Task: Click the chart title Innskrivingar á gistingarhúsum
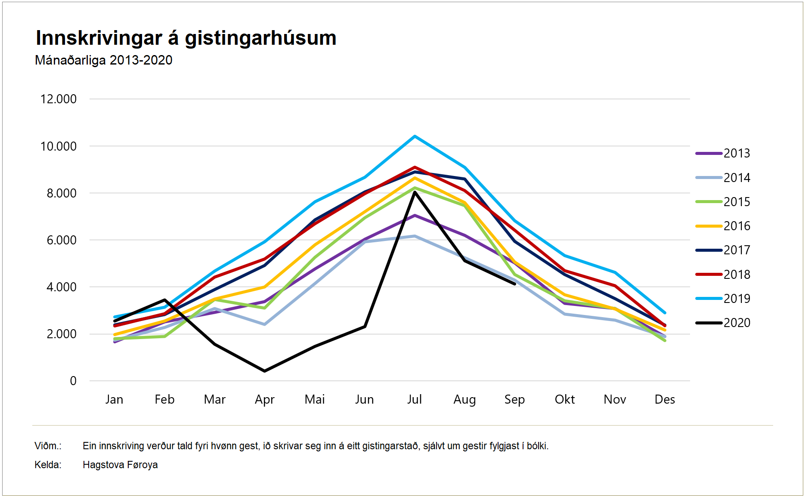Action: [x=186, y=38]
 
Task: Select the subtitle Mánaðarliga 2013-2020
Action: [x=103, y=60]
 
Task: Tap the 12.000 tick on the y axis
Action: [x=59, y=99]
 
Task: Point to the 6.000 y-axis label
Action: [x=62, y=240]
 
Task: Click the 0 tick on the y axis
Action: [x=73, y=381]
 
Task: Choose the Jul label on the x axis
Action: [x=415, y=399]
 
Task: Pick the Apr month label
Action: [x=264, y=399]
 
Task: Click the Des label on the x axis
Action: [x=665, y=399]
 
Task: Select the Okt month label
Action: [x=565, y=399]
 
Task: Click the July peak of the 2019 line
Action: [x=415, y=136]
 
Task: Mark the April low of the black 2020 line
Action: [x=264, y=371]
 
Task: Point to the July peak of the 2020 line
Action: [x=415, y=192]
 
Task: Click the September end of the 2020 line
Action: [x=514, y=284]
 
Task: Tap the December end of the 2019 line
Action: [x=665, y=312]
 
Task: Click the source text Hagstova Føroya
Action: [x=120, y=465]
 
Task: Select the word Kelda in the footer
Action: [x=47, y=465]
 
